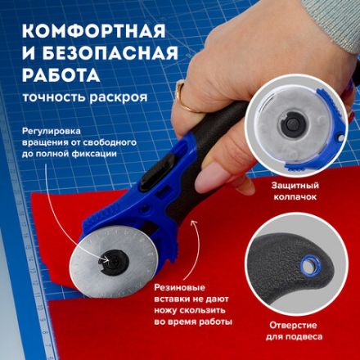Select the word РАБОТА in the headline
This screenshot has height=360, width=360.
point(58,76)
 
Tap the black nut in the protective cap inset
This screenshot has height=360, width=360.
point(291,124)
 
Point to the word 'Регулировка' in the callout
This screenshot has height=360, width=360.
point(56,129)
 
